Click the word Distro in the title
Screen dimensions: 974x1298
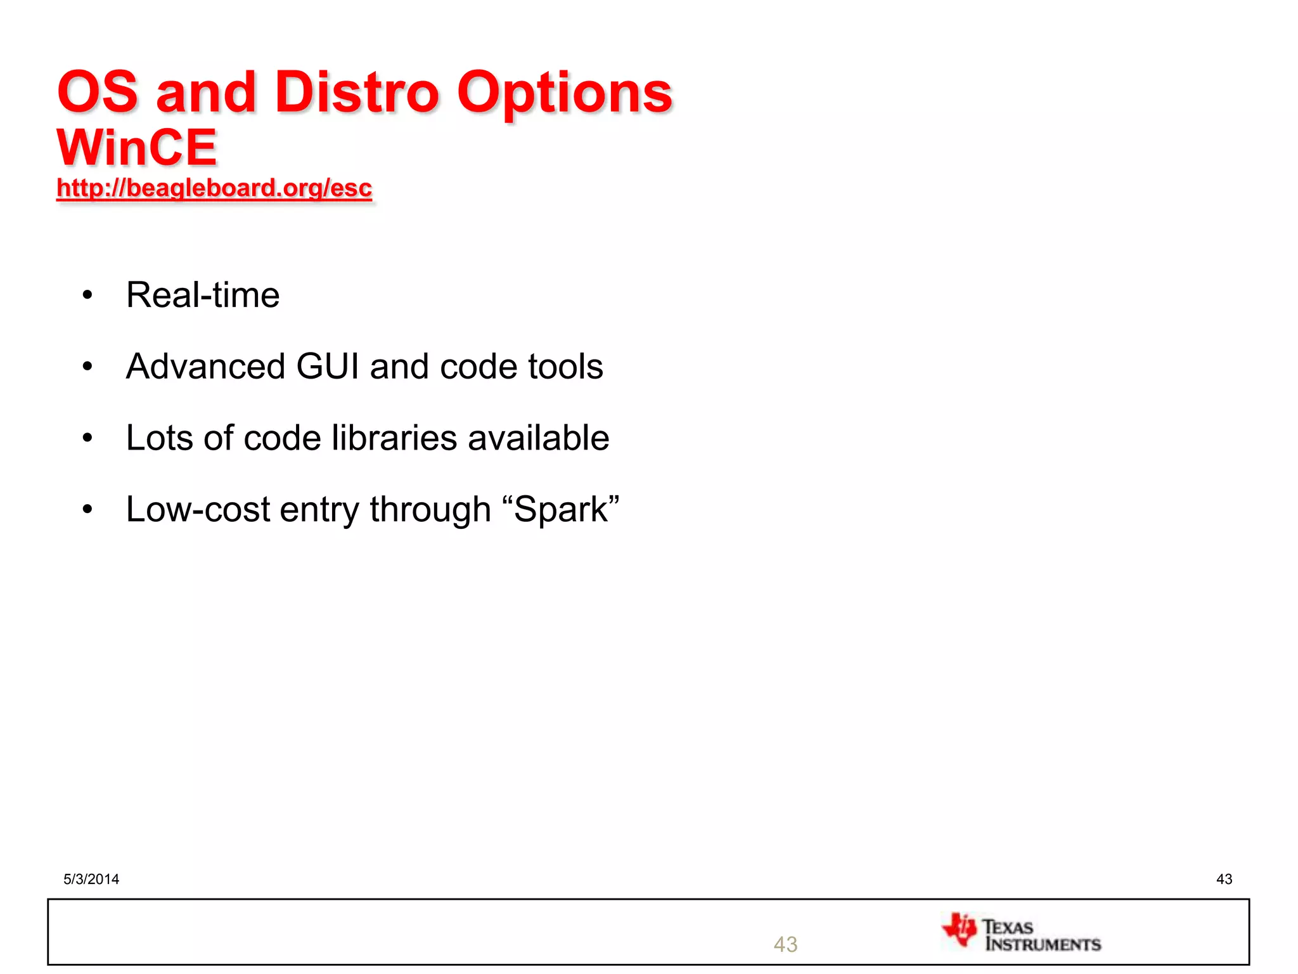pyautogui.click(x=356, y=93)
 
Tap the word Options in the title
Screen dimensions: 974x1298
pyautogui.click(x=564, y=93)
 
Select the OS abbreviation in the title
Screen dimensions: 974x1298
pyautogui.click(x=98, y=93)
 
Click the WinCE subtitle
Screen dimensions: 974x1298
pyautogui.click(x=137, y=148)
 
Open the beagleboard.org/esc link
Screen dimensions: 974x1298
pyautogui.click(x=214, y=188)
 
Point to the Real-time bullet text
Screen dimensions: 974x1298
pyautogui.click(x=203, y=295)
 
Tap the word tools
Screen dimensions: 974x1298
pyautogui.click(x=565, y=367)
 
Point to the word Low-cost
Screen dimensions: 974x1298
pyautogui.click(x=198, y=510)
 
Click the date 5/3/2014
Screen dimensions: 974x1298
pyautogui.click(x=91, y=879)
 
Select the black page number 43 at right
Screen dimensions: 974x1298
pyautogui.click(x=1224, y=879)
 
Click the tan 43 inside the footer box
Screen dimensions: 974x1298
pyautogui.click(x=785, y=944)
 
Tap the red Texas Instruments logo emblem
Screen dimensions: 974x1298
pyautogui.click(x=960, y=930)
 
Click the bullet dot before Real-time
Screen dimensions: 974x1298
pyautogui.click(x=87, y=295)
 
